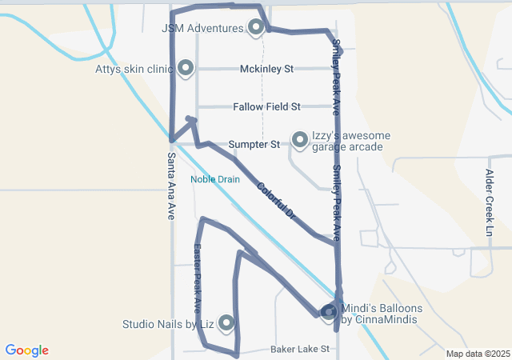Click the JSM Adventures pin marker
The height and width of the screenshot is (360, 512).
click(256, 28)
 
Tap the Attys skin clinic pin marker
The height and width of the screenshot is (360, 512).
click(186, 68)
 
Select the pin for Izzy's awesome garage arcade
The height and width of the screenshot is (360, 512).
click(300, 140)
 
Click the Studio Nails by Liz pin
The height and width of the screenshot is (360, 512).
click(226, 322)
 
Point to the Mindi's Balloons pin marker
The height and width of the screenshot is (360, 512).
click(329, 312)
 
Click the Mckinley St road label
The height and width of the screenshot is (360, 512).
click(267, 69)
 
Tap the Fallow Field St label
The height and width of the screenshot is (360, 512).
click(266, 106)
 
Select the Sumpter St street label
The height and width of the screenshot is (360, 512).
click(254, 145)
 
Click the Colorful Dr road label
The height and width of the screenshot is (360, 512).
click(277, 202)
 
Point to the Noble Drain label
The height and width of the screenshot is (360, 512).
click(214, 179)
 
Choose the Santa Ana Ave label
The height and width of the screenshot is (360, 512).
click(170, 187)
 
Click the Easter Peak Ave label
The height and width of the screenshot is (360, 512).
click(197, 278)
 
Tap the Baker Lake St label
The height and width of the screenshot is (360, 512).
click(300, 349)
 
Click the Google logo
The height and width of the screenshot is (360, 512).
click(27, 350)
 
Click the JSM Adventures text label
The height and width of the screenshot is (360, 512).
click(202, 28)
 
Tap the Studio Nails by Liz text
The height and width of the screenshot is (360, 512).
click(168, 324)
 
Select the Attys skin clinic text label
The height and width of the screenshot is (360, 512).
click(133, 69)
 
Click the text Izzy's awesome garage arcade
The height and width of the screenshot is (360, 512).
click(351, 142)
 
